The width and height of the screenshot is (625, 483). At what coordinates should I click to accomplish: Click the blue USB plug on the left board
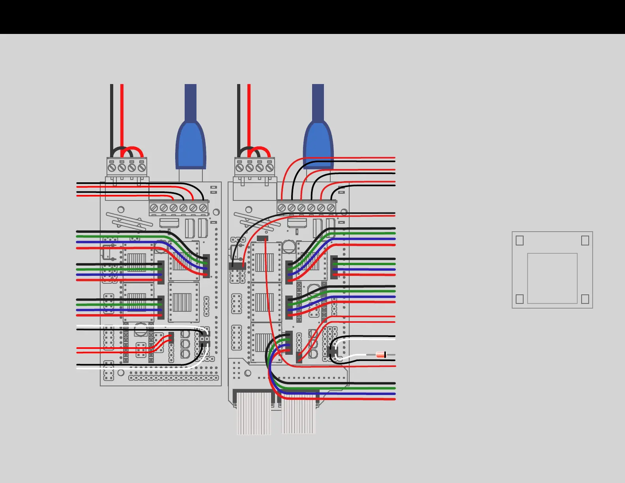pos(191,146)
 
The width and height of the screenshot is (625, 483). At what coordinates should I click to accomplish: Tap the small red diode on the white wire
pos(380,355)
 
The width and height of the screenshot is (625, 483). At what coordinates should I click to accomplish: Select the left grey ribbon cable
pos(254,416)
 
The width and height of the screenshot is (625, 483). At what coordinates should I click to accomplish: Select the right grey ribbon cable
pos(298,416)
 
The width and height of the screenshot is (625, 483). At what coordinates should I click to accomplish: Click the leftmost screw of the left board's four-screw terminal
pos(112,168)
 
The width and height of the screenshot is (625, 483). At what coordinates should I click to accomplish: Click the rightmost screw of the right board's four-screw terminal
pos(269,168)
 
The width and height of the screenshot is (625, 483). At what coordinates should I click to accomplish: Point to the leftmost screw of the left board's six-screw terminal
pos(154,208)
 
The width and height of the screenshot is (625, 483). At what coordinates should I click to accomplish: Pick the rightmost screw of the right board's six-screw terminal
pos(331,208)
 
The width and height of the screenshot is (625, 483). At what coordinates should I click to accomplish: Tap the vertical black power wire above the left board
pos(112,114)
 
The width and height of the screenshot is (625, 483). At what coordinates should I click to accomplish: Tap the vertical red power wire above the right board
pos(249,114)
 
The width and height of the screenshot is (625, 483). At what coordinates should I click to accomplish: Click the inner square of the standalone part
pos(552,278)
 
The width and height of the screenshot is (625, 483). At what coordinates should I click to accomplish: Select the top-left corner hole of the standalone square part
pos(520,240)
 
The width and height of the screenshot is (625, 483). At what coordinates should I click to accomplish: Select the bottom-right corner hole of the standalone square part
pos(585,299)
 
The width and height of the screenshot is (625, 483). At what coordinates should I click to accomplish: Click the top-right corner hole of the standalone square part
pos(585,240)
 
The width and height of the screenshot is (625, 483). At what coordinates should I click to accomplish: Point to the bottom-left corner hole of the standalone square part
pos(520,299)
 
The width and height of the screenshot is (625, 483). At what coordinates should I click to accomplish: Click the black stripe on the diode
pos(385,355)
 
